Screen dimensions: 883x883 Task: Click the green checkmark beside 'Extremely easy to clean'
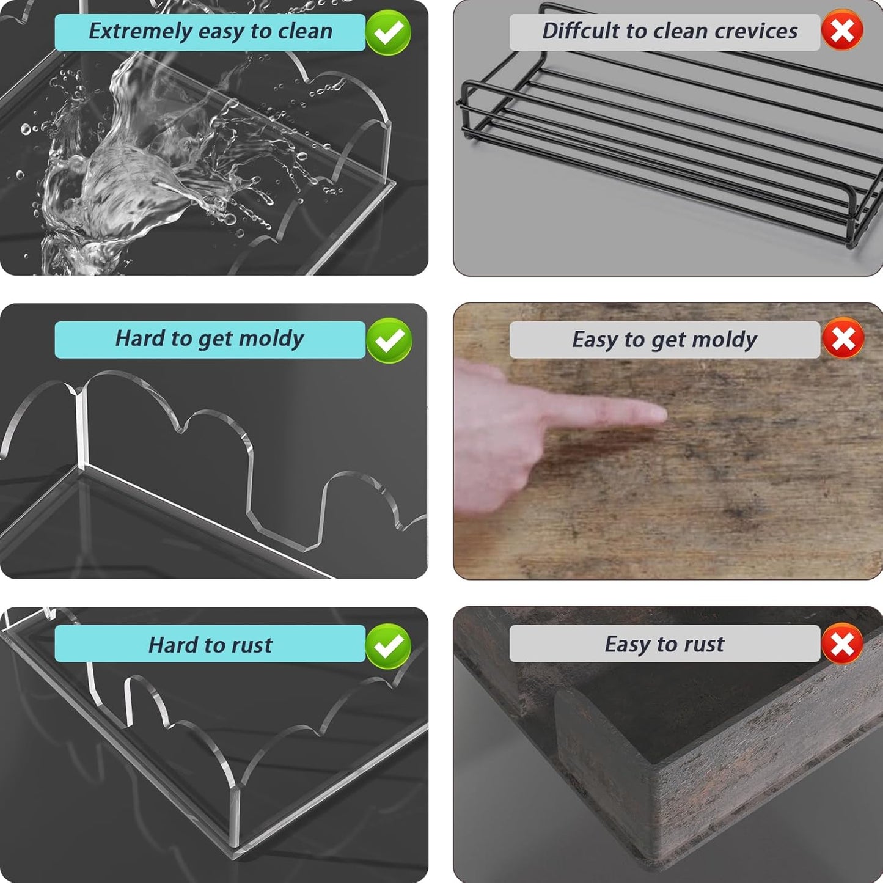point(388,32)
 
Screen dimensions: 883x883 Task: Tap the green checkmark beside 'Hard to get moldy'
point(389,340)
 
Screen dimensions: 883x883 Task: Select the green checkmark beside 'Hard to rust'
point(388,646)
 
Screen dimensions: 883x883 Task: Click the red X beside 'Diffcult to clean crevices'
point(842,31)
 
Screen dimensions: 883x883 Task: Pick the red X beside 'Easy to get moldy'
point(843,339)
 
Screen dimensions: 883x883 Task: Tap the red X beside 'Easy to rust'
point(842,644)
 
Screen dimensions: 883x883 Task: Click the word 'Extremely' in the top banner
point(140,32)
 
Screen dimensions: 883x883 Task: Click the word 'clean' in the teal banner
point(305,31)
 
